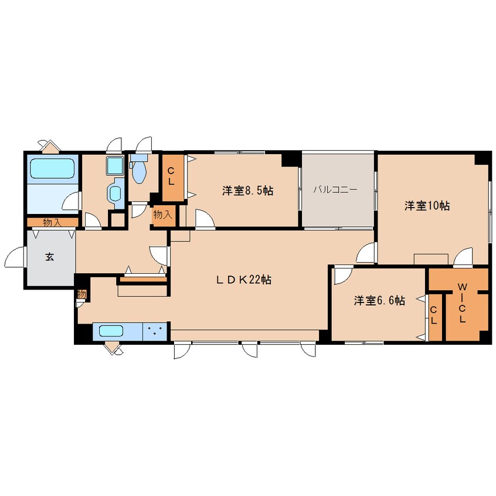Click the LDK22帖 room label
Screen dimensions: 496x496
point(243,280)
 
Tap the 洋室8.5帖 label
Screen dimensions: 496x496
point(247,191)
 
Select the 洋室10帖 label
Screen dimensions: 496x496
point(427,206)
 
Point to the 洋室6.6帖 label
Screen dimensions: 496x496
point(379,300)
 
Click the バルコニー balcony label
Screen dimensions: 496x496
point(335,189)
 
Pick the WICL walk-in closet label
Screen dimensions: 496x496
point(463,303)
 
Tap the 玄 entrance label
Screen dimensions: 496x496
point(50,257)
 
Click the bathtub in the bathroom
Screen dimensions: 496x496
point(53,169)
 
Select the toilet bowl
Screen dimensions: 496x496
point(140,172)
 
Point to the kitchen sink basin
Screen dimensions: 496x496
point(111,331)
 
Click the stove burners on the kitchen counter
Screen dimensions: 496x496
point(155,331)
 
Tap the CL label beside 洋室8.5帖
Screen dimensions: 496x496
point(171,176)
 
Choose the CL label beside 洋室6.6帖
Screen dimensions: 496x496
point(434,315)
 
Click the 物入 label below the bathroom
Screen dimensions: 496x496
point(52,222)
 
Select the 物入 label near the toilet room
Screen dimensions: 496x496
point(162,215)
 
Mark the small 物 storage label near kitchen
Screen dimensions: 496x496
point(81,294)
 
